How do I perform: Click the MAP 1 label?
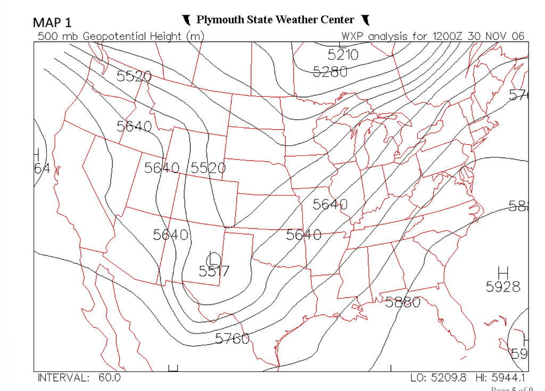pos(52,22)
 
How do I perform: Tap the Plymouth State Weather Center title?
pos(275,20)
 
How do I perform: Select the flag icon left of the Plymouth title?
pos(186,20)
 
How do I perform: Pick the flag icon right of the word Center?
pos(365,20)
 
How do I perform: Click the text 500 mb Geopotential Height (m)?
pos(121,36)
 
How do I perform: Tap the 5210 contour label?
pos(343,54)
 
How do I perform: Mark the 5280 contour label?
pos(330,71)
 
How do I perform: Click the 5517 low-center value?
pos(214,271)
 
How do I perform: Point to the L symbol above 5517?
pos(214,257)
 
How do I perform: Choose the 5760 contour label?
pos(233,338)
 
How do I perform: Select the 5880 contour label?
pos(402,302)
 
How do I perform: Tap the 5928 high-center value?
pos(502,287)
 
